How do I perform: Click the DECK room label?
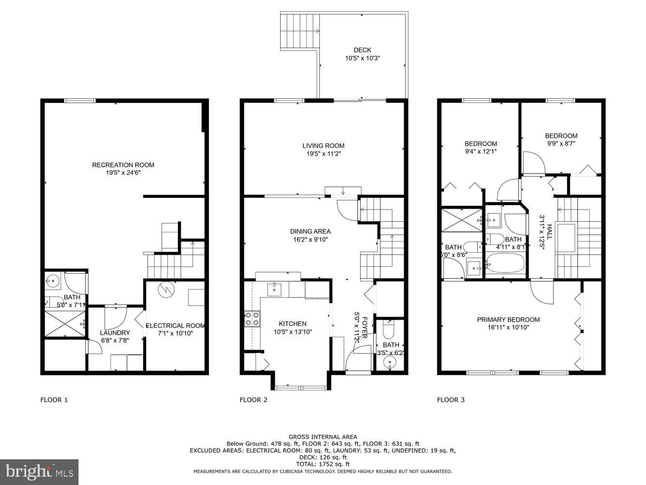click(x=362, y=50)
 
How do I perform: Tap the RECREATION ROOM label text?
click(x=123, y=165)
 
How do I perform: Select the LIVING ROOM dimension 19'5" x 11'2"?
click(x=323, y=154)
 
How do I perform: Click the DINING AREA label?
click(x=310, y=231)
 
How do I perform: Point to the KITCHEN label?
click(x=292, y=324)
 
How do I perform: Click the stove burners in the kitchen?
click(x=252, y=318)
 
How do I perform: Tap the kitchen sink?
click(x=275, y=289)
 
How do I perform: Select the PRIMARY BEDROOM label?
click(x=508, y=320)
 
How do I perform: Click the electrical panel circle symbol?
click(x=166, y=290)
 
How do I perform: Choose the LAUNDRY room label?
click(x=115, y=333)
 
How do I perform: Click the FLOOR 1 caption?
click(x=54, y=400)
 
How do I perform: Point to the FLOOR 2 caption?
click(x=253, y=400)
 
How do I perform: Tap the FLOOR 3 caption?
click(x=451, y=400)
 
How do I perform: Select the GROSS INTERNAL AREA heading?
click(x=323, y=437)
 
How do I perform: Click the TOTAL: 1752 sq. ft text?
click(x=323, y=464)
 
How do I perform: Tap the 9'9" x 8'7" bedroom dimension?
click(x=561, y=144)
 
